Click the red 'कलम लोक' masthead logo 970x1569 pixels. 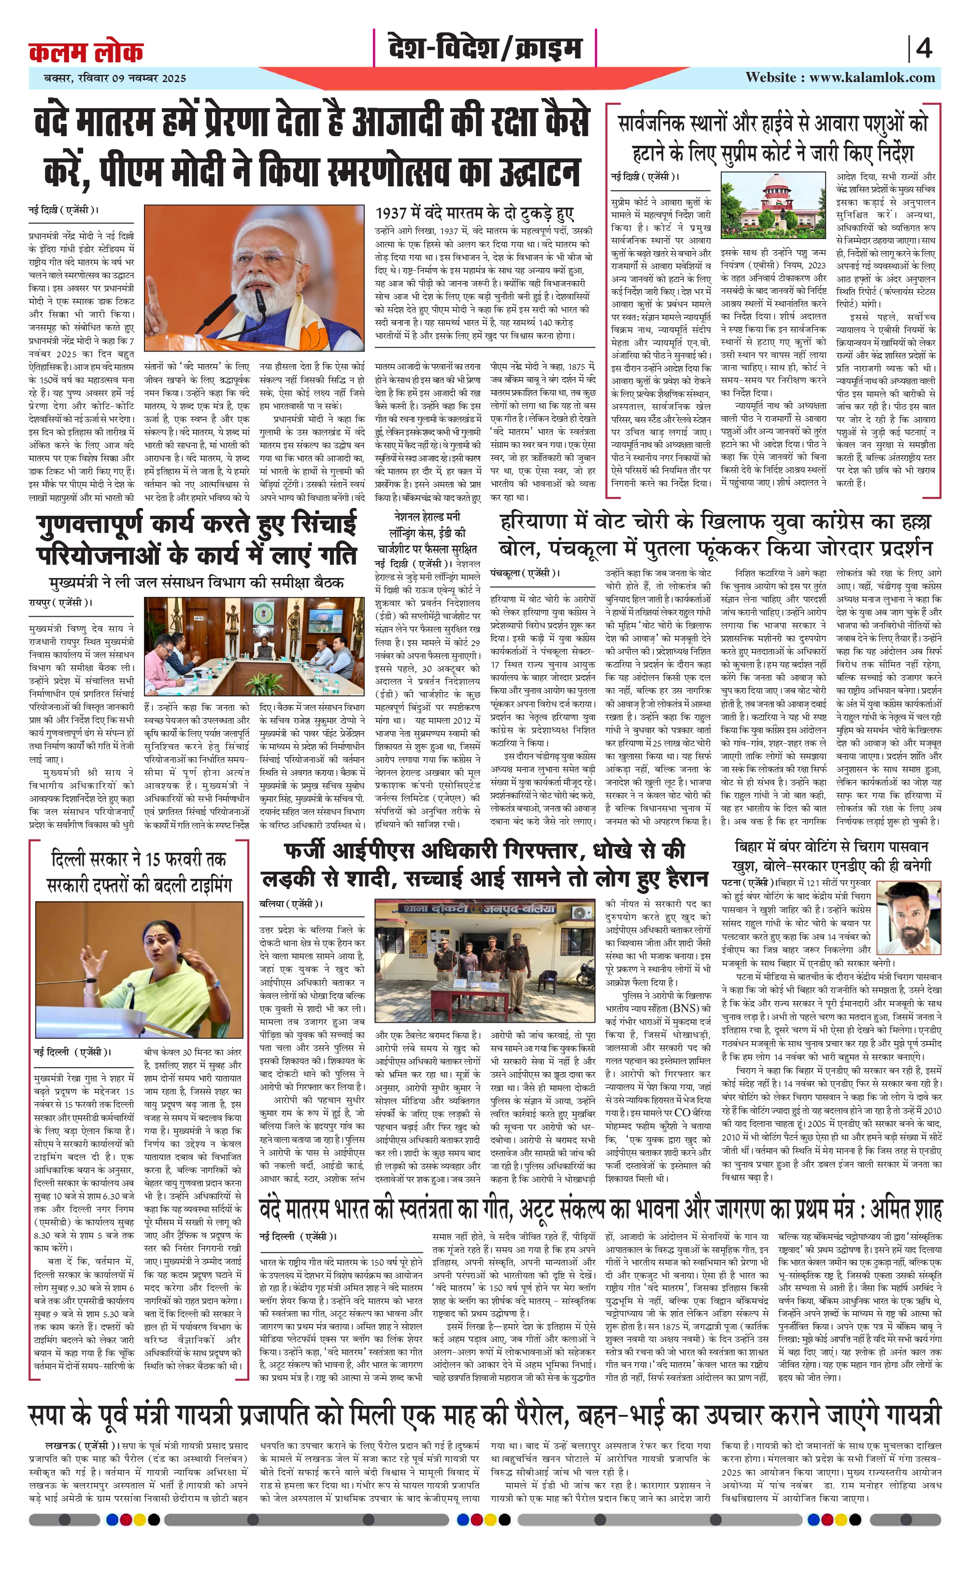coord(86,51)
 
